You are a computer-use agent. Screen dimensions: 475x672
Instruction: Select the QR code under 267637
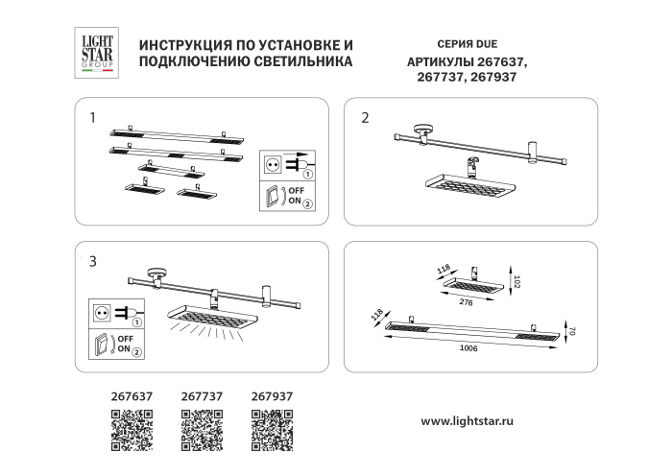pyautogui.click(x=132, y=430)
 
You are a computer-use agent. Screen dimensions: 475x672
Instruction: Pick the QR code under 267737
pyautogui.click(x=202, y=430)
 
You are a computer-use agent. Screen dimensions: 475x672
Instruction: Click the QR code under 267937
pyautogui.click(x=272, y=430)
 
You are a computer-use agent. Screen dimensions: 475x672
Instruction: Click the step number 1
pyautogui.click(x=92, y=119)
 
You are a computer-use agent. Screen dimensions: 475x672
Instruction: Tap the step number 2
pyautogui.click(x=365, y=119)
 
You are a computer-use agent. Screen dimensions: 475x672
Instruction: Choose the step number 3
pyautogui.click(x=92, y=261)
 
